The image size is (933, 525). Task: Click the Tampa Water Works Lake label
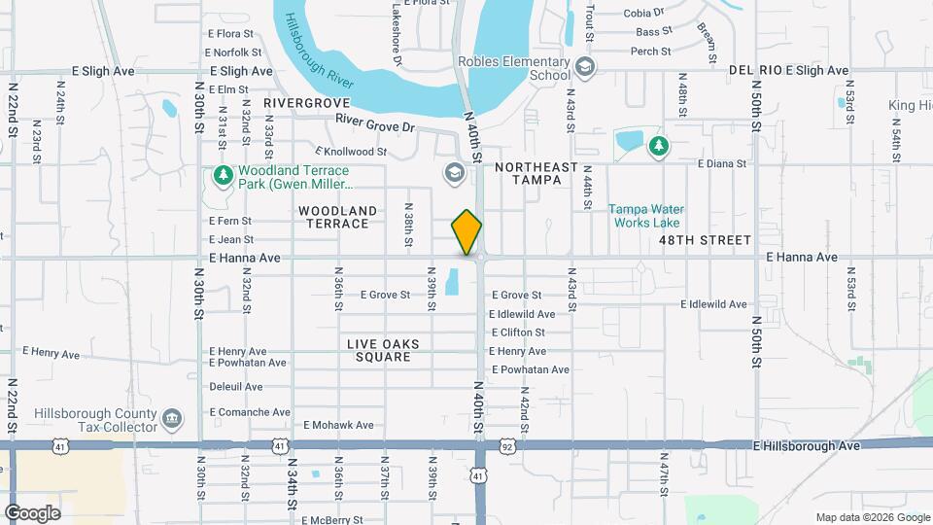[646, 216]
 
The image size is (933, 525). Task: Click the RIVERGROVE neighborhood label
[306, 102]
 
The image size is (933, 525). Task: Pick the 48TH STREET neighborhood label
[705, 239]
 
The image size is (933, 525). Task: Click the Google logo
[32, 512]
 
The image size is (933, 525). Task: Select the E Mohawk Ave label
[338, 425]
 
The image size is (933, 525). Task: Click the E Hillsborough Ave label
[808, 445]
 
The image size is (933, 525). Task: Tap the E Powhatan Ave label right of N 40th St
[531, 369]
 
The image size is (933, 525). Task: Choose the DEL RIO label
[754, 71]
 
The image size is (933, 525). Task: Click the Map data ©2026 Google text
[871, 517]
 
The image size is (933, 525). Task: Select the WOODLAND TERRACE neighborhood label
[338, 217]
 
